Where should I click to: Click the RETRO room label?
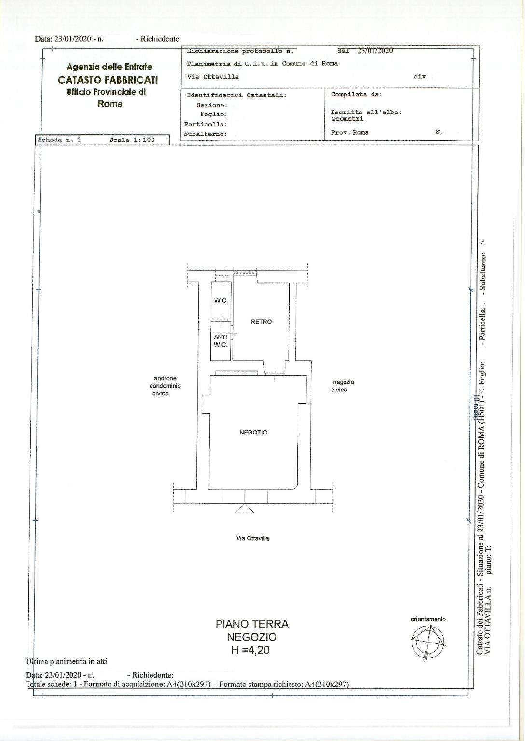261,322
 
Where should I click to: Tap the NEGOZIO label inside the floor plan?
253,433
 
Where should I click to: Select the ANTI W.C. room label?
221,341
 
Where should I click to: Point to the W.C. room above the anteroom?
221,300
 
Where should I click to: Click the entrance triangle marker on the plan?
245,508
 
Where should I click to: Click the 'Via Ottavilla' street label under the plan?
252,538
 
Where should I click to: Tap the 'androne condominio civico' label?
165,386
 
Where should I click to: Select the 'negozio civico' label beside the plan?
342,386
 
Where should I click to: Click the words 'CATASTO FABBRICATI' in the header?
108,80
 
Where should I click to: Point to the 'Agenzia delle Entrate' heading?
110,67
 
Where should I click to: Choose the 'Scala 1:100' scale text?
132,140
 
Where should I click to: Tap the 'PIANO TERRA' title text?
252,624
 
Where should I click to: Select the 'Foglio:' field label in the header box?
214,114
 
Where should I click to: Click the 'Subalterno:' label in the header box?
206,134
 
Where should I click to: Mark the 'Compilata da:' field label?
357,94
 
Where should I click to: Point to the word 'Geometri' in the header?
347,119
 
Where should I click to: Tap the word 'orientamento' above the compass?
428,619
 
